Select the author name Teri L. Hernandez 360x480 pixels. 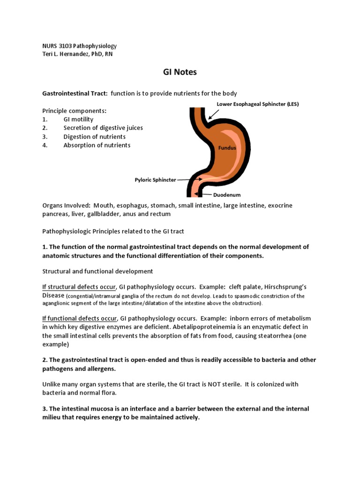tap(66, 54)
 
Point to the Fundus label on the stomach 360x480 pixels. tap(226, 148)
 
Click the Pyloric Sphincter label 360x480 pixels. tap(155, 180)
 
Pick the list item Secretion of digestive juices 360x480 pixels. tap(103, 128)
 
